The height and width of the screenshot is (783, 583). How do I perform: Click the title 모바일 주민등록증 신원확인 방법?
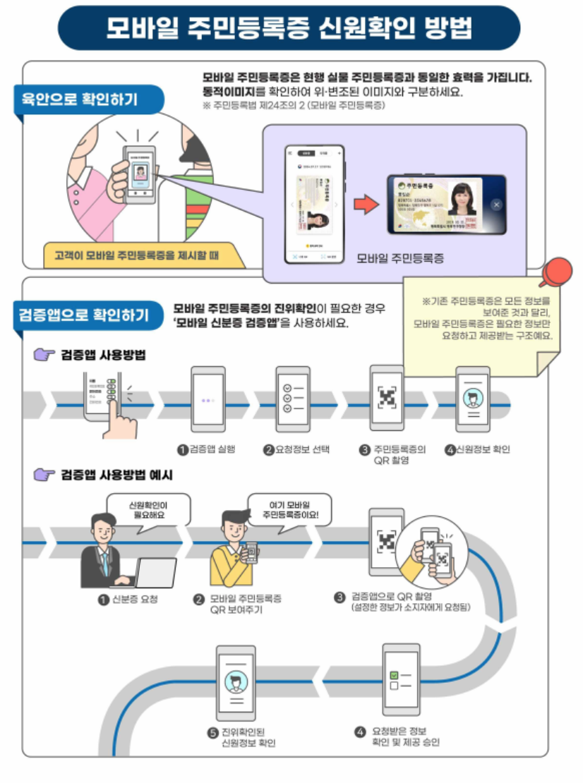tap(289, 28)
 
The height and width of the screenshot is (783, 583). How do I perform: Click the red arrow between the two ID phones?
tap(365, 204)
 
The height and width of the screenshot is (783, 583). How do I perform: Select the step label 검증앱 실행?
tap(210, 449)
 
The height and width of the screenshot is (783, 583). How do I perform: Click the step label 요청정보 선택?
tap(301, 449)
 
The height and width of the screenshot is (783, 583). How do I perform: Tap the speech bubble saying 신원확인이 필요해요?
tap(149, 510)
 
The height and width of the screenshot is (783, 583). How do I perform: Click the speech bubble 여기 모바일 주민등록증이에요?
tap(289, 510)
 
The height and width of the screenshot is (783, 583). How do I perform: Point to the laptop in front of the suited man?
tap(155, 573)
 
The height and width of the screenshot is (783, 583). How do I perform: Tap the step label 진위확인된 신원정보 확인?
tap(248, 737)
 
